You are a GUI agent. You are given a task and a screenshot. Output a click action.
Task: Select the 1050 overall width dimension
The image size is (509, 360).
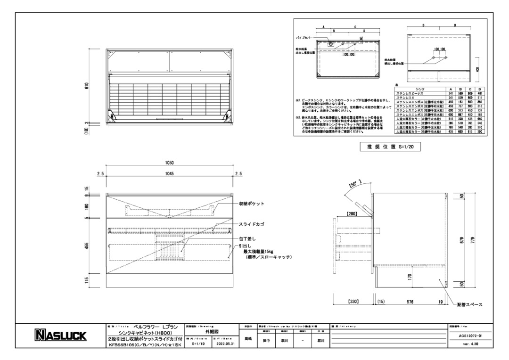(170, 163)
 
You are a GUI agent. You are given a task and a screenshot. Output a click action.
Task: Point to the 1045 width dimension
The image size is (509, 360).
(170, 174)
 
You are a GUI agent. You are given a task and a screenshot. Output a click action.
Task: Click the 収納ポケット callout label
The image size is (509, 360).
(252, 204)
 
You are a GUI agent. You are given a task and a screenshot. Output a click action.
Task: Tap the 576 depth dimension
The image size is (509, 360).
(409, 301)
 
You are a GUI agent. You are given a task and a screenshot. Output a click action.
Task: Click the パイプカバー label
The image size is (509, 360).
(303, 36)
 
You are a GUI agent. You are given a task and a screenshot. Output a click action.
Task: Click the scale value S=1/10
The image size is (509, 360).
(200, 344)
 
